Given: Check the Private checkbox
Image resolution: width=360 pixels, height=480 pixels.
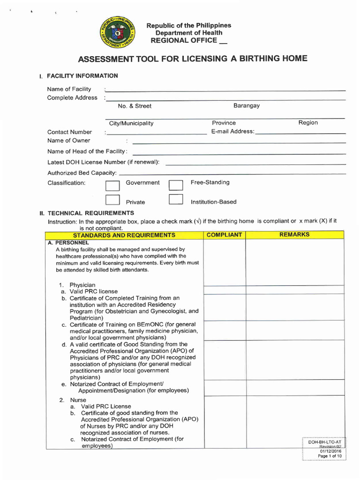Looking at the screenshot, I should pos(112,200).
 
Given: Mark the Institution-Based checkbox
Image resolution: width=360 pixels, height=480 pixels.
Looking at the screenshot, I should pos(175,200).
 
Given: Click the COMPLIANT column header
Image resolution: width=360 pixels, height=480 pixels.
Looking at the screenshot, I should pos(224,234).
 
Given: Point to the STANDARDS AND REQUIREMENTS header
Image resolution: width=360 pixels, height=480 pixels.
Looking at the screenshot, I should pos(124,235).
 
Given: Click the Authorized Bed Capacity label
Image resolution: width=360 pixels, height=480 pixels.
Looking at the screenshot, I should pos(82,173).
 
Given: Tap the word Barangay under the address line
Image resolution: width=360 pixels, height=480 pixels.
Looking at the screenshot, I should pos(247,105).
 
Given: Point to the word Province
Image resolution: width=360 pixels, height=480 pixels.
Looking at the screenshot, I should pos(224,123).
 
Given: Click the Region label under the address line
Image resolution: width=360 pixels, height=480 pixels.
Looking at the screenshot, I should pos(308,122).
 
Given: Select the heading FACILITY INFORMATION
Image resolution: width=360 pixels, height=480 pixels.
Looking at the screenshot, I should pos(82,75).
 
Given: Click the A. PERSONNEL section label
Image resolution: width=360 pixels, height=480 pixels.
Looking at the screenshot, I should pos(68,243).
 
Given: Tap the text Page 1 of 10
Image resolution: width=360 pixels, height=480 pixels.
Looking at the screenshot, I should pos(330,456).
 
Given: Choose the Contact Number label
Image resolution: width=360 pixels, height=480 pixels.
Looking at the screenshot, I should pos(69,132).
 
